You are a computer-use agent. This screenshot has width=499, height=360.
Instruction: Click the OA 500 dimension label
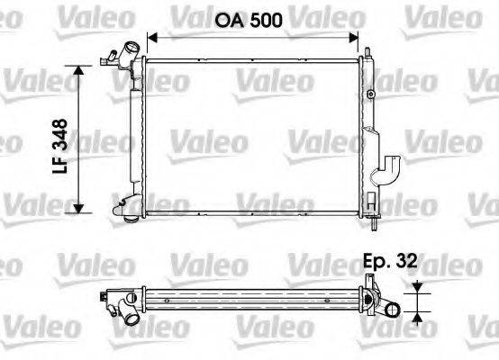tap(251, 20)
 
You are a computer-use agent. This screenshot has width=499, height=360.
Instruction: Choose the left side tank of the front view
tap(137, 135)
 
